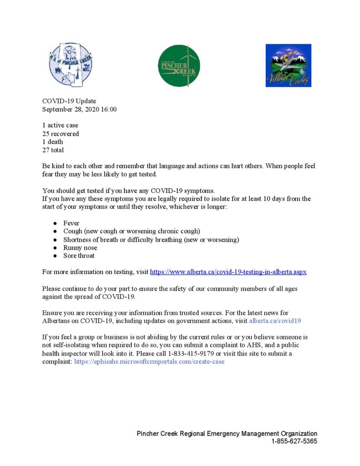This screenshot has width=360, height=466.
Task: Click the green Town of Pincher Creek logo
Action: click(179, 66)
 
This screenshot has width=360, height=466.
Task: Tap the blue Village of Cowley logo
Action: click(288, 65)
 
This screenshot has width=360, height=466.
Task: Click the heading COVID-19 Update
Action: click(69, 101)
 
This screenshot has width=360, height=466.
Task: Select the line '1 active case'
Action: click(60, 125)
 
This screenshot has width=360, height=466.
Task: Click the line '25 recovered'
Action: click(61, 134)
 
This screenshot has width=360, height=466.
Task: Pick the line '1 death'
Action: click(53, 142)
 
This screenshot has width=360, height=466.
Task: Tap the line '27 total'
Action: click(53, 150)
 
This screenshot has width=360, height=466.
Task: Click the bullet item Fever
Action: click(71, 223)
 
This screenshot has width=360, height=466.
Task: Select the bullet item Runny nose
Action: click(80, 248)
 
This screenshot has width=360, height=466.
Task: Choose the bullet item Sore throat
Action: click(79, 256)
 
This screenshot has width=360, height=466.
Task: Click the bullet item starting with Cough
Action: click(132, 231)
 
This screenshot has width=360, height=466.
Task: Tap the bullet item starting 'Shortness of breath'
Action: click(151, 239)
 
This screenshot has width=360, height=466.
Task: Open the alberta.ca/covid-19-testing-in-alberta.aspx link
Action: click(228, 272)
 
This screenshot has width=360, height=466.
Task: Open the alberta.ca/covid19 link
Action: click(275, 321)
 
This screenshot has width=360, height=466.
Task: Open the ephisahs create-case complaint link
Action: click(149, 362)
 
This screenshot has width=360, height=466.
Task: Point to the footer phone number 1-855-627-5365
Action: click(294, 441)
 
